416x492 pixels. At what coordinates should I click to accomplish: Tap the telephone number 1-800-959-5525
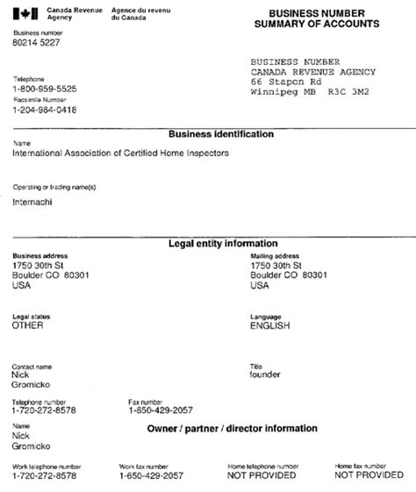(x=44, y=89)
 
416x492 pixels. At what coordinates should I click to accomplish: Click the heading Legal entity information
(x=223, y=243)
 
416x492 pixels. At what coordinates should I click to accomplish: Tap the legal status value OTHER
(x=28, y=324)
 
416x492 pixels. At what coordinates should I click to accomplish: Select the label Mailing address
(x=275, y=255)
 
